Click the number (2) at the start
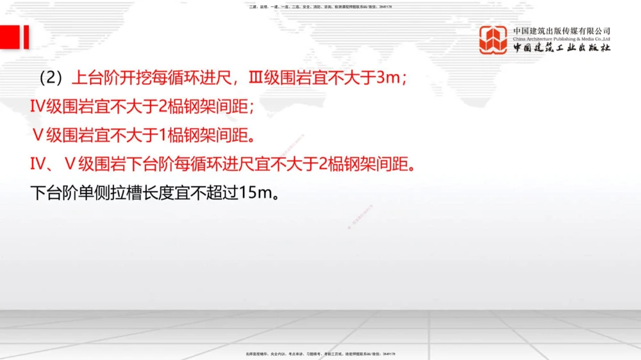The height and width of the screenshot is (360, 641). click(x=50, y=78)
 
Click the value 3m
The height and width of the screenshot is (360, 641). click(x=388, y=78)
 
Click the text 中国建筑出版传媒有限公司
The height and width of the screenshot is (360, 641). click(x=562, y=31)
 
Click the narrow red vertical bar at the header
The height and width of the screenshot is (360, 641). click(x=26, y=37)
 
